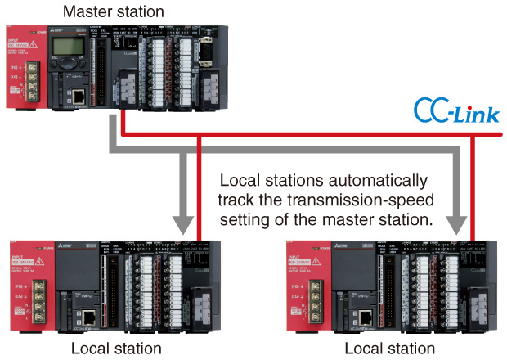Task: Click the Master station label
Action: tap(114, 12)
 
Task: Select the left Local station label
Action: tap(115, 349)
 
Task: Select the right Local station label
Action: tap(389, 349)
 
